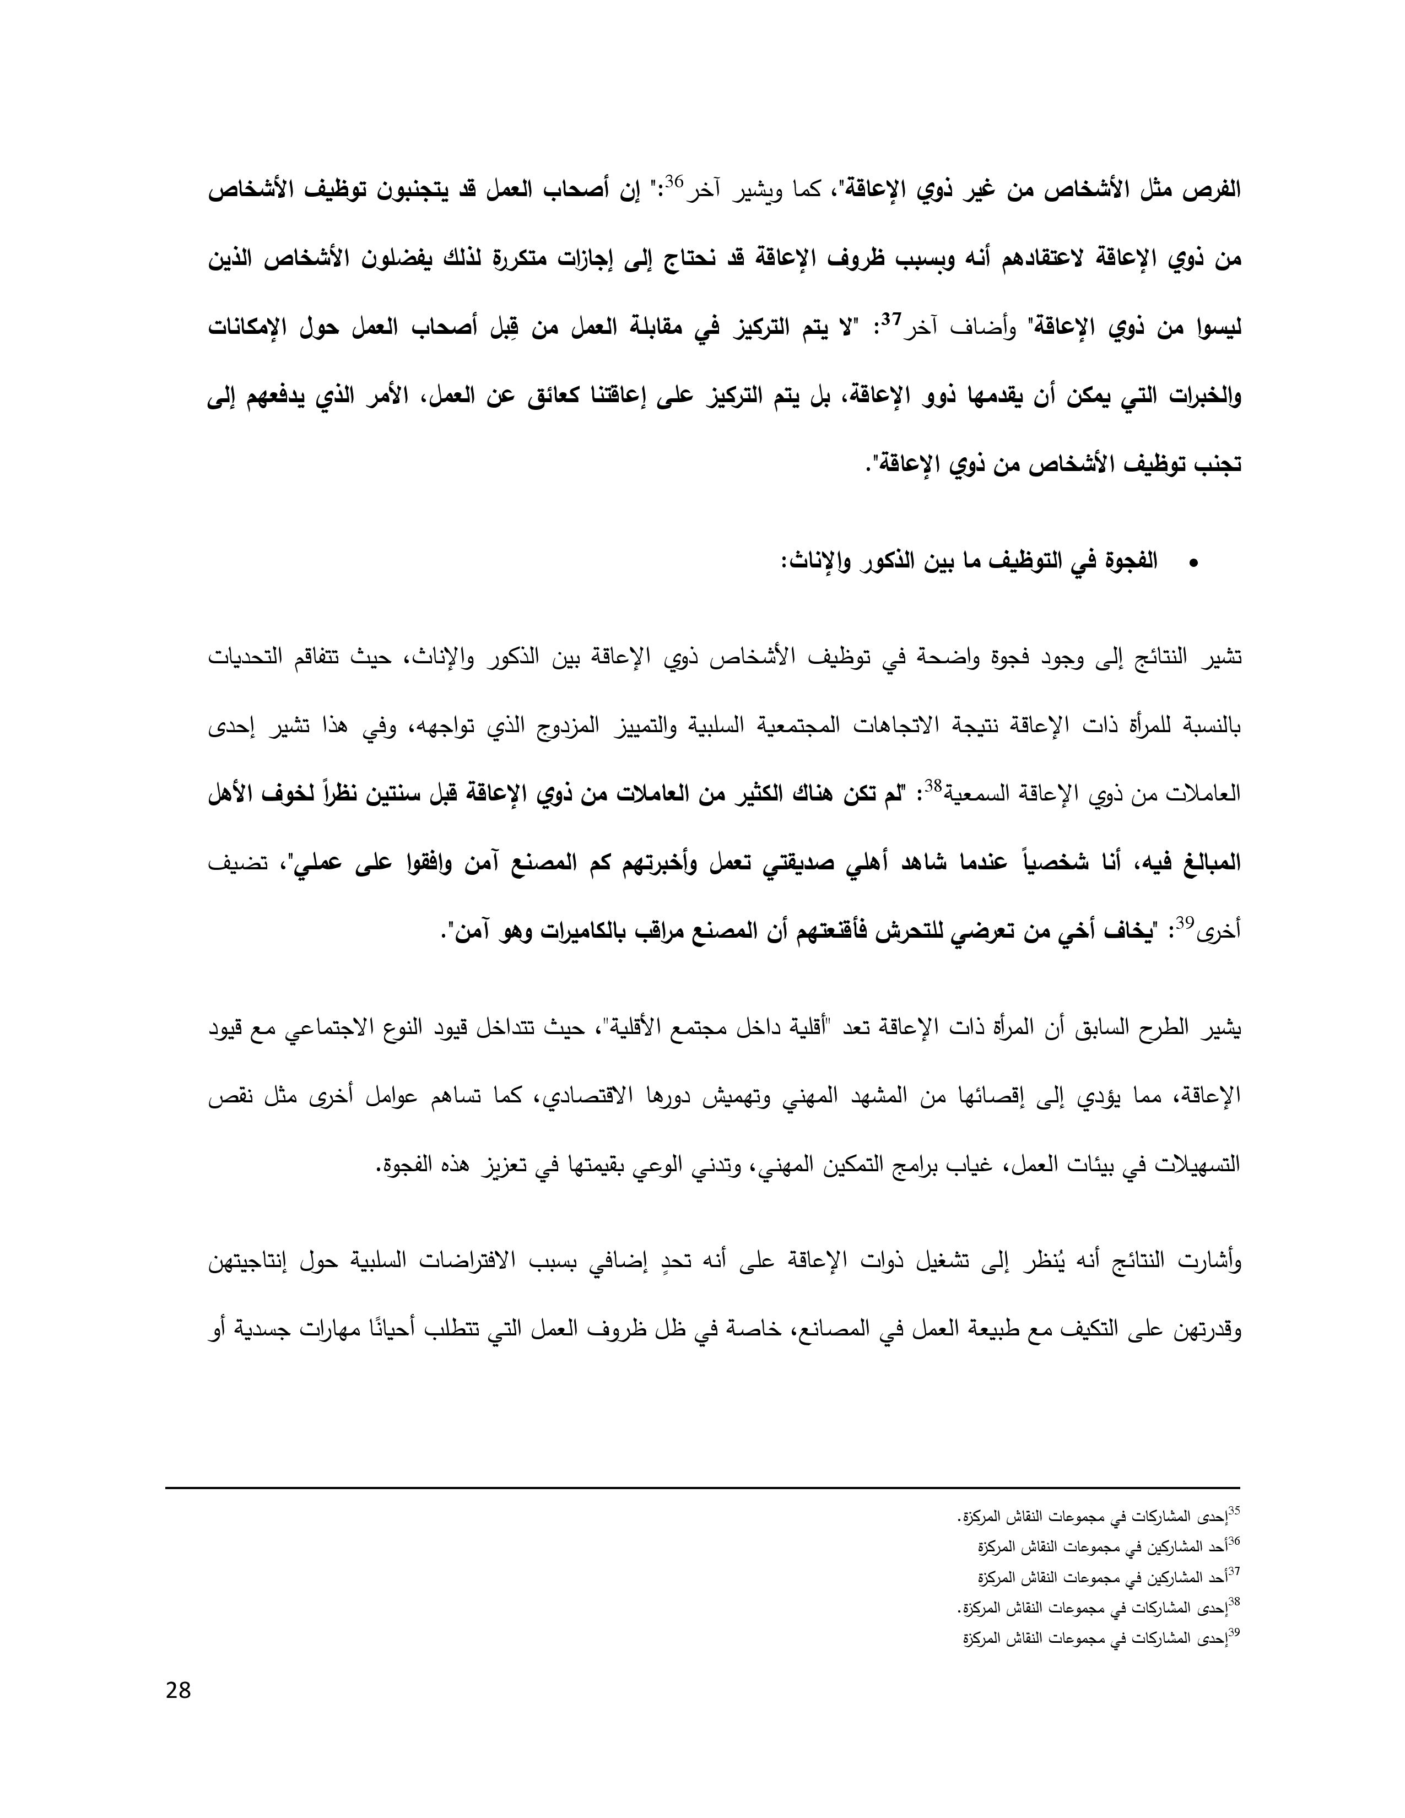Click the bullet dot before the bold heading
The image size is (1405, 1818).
1193,564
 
